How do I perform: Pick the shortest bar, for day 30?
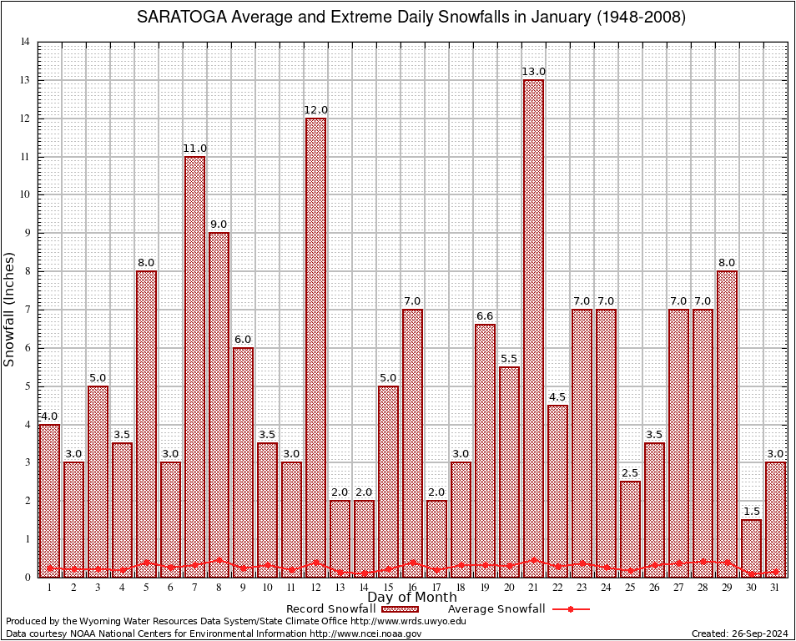[x=751, y=548]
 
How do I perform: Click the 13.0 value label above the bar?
[x=534, y=72]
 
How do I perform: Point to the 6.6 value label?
[x=486, y=316]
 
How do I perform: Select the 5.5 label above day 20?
[x=510, y=359]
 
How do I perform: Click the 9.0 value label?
[x=219, y=225]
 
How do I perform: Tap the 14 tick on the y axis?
[x=25, y=43]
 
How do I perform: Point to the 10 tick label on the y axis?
[x=25, y=195]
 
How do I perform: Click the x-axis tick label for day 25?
[x=631, y=588]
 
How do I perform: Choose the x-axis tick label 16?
[x=413, y=588]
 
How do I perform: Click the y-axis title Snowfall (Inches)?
[x=9, y=309]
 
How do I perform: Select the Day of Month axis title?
[x=411, y=598]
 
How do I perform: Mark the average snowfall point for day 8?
[x=219, y=561]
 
